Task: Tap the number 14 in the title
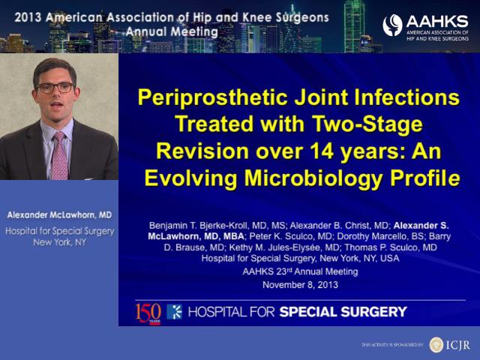[x=322, y=151]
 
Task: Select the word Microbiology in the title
[x=313, y=178]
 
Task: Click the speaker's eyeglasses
[x=55, y=88]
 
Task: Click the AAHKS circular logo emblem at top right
[x=392, y=25]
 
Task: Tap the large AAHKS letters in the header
[x=437, y=22]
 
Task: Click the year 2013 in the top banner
[x=28, y=17]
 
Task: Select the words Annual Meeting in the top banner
[x=172, y=31]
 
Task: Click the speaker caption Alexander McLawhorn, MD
[x=59, y=215]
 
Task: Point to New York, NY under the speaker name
[x=60, y=242]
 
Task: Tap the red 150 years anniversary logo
[x=148, y=313]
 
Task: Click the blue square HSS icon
[x=174, y=312]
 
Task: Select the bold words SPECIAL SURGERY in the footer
[x=343, y=312]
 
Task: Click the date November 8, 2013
[x=300, y=285]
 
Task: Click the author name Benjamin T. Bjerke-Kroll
[x=199, y=226]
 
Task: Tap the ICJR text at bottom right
[x=458, y=345]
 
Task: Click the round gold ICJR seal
[x=436, y=345]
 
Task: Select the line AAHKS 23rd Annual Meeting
[x=300, y=271]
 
